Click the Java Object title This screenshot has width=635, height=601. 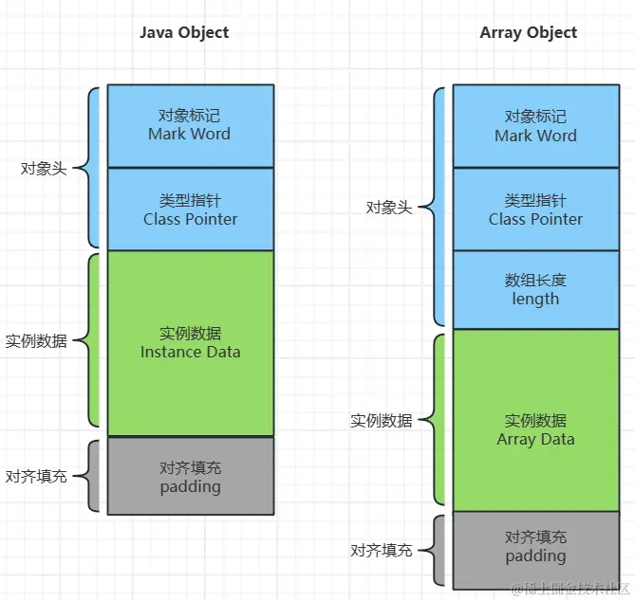tap(184, 33)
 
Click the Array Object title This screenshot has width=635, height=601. tap(529, 33)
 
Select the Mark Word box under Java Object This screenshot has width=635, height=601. tap(191, 125)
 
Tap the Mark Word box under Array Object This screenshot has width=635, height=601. tap(536, 125)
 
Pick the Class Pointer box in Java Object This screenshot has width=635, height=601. tap(191, 209)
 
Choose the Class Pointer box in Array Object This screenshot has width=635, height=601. tap(536, 209)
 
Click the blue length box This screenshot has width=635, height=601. tap(536, 289)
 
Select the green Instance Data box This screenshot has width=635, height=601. tap(191, 343)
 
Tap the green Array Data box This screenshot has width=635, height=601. tap(536, 420)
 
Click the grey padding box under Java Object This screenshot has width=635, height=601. tap(191, 476)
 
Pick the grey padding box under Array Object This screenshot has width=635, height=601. tap(536, 551)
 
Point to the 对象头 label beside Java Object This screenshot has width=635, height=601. tap(44, 168)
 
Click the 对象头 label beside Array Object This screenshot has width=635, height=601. tap(389, 208)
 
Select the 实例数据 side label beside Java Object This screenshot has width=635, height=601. tap(36, 341)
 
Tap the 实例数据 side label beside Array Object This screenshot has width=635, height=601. tap(382, 421)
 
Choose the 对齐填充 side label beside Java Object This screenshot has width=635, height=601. tap(36, 477)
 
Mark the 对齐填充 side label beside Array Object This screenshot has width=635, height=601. tap(382, 551)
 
